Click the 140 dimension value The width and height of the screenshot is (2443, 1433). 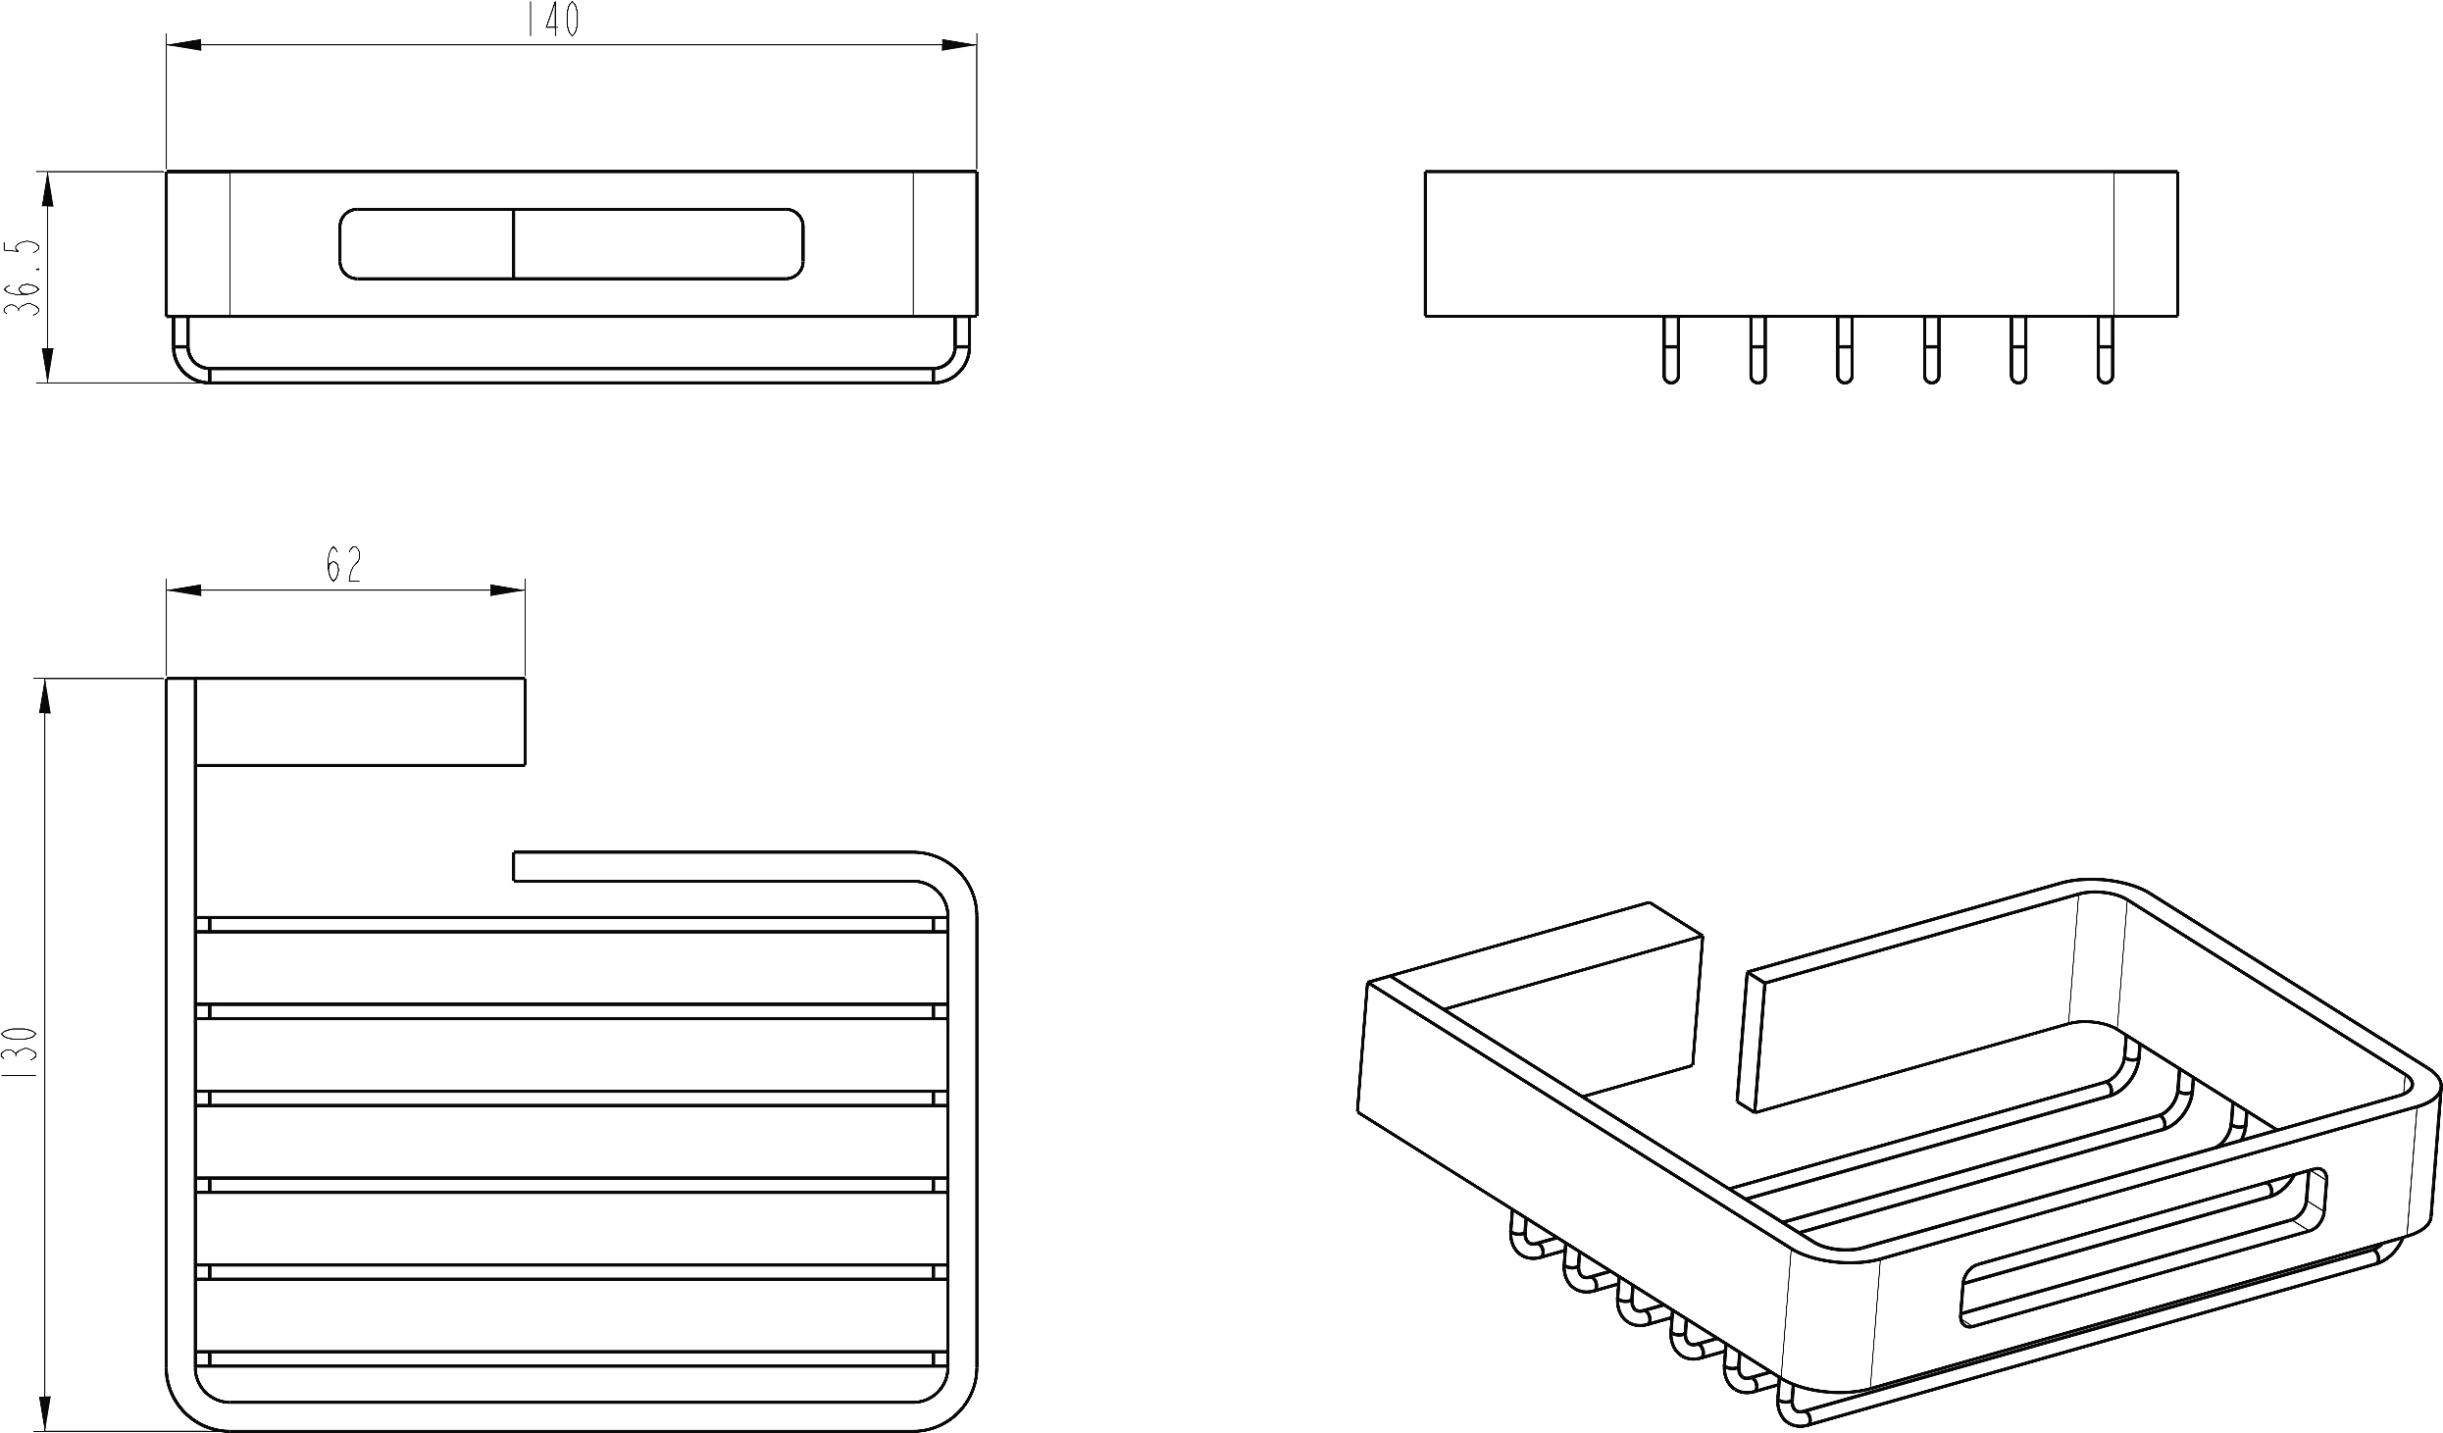(554, 21)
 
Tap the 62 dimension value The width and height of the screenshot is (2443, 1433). (344, 565)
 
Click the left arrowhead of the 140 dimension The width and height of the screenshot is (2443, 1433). (184, 44)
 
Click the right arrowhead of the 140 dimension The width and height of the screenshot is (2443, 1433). (959, 44)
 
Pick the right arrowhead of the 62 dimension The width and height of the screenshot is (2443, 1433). (507, 590)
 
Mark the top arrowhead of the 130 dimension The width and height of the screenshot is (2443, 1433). (45, 696)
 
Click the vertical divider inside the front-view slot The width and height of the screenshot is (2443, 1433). (514, 244)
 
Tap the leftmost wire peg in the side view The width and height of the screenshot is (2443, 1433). (1671, 349)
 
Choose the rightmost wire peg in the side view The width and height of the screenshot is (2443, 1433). (2105, 349)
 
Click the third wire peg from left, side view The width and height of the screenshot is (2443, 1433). (1845, 349)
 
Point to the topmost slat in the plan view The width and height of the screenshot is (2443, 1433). (572, 924)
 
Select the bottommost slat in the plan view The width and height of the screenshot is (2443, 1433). (572, 1359)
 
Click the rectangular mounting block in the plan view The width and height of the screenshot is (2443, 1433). (360, 721)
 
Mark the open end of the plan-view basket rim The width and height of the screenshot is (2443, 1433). (515, 867)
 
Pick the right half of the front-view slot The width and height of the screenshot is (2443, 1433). (659, 244)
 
